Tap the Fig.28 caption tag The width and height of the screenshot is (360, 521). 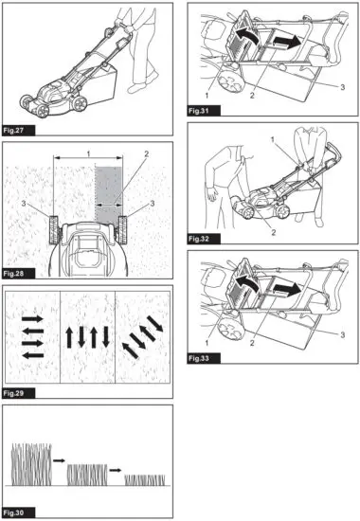point(19,273)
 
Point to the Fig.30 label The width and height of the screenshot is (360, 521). point(19,512)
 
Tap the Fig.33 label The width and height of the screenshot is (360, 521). point(203,360)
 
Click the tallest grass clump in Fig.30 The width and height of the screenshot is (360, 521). point(31,465)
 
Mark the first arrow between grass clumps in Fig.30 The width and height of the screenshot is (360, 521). point(59,458)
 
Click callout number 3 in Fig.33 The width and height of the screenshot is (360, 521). point(341,334)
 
